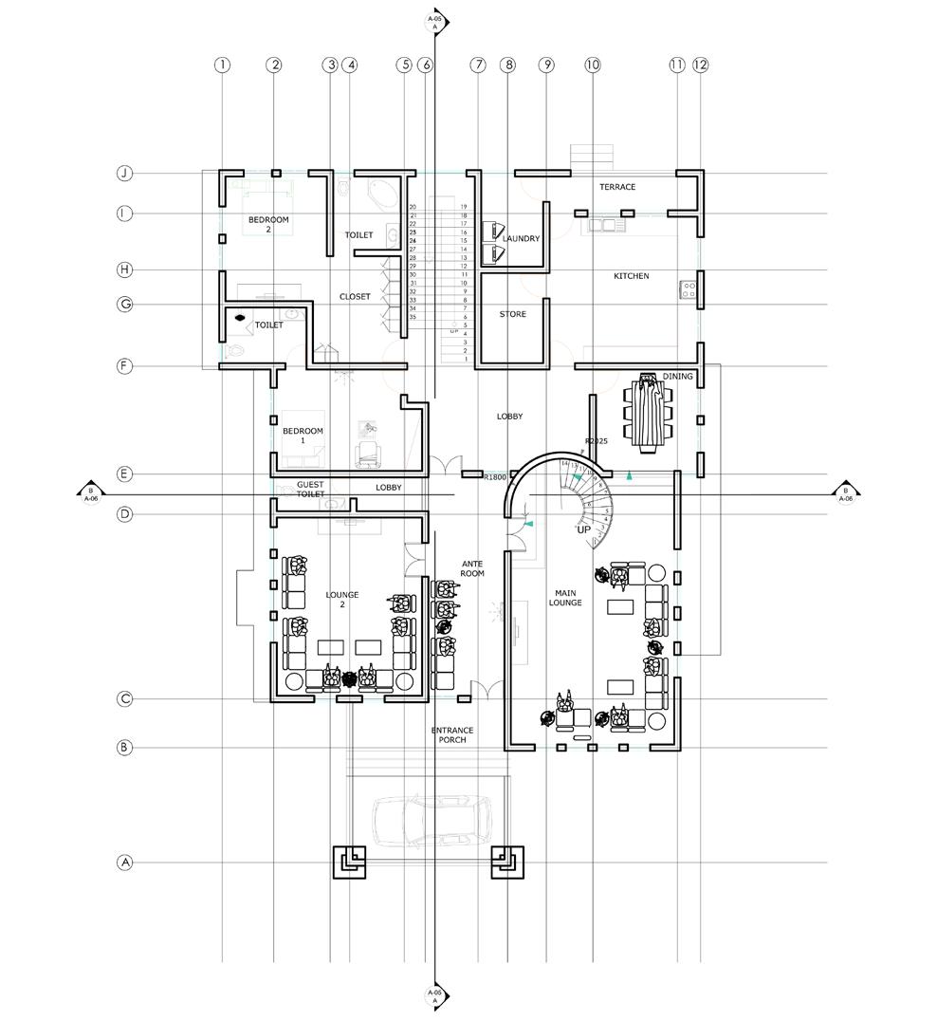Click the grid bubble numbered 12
point(701,65)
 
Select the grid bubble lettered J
point(124,174)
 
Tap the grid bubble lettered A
point(124,863)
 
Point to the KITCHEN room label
point(631,276)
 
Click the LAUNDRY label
point(521,239)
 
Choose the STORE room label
point(512,314)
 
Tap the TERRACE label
point(617,187)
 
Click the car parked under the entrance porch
point(432,821)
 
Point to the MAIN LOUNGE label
point(564,598)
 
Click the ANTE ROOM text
point(472,569)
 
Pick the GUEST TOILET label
point(311,490)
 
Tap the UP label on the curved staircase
point(583,529)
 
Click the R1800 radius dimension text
point(495,477)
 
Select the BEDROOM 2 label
point(268,225)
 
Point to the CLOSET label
point(355,297)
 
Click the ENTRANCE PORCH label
point(452,735)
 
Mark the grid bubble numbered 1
point(222,65)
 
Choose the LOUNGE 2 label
point(342,600)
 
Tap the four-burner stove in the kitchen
point(688,290)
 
